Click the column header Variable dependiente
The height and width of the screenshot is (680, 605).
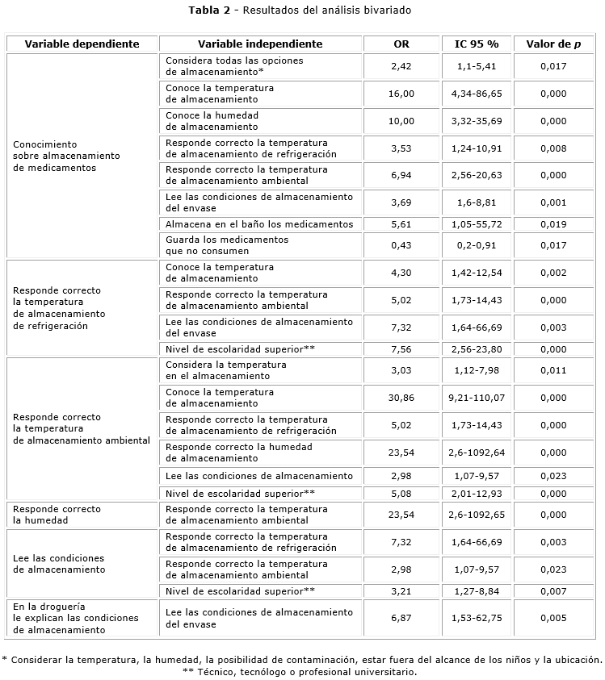point(82,44)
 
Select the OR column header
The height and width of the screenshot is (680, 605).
point(401,44)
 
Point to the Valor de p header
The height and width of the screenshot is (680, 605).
point(553,44)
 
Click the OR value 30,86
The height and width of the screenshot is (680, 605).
point(401,398)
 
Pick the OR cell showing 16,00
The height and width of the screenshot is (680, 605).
point(401,94)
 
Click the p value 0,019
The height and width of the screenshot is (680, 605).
point(553,224)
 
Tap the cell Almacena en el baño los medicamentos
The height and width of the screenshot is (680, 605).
point(259,224)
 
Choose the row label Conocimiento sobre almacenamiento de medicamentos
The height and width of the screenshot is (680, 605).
point(66,156)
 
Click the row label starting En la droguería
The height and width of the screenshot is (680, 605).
point(65,618)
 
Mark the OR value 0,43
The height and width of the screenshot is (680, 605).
point(401,245)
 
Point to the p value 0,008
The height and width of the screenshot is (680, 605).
point(553,148)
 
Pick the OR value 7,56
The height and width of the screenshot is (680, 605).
point(401,349)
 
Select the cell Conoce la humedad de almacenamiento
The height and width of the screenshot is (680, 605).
point(212,121)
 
